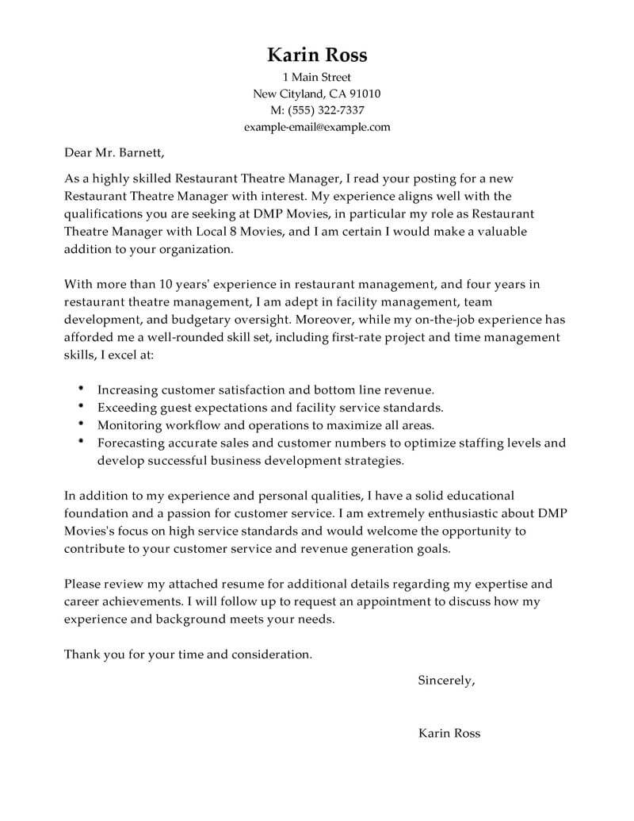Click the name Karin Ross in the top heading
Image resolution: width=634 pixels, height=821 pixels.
click(x=317, y=55)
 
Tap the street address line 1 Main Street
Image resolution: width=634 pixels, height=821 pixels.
click(x=317, y=78)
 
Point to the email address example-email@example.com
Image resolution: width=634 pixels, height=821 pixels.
click(x=317, y=127)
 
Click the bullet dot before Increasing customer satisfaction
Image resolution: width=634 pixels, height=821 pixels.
click(x=82, y=389)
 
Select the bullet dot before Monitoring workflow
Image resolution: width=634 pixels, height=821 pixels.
click(x=82, y=424)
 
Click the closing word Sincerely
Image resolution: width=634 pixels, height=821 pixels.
click(x=446, y=681)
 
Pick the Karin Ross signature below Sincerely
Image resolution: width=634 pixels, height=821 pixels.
click(x=449, y=733)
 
